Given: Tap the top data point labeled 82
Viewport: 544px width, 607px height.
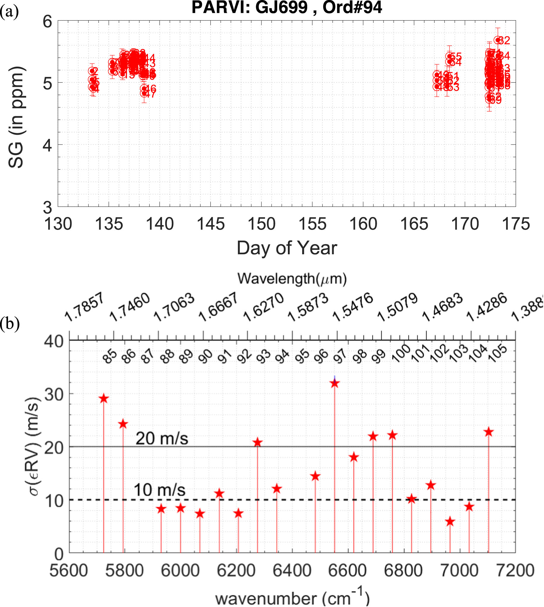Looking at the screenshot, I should pos(498,40).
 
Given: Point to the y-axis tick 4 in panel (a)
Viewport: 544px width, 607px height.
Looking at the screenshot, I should pos(47,145).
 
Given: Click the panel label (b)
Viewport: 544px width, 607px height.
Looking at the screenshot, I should pos(10,323).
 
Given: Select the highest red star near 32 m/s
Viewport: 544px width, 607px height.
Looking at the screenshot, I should pos(335,383).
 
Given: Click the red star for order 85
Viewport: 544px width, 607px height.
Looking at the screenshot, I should pos(104,399).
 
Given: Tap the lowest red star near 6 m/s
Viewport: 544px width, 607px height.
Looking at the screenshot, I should pos(450,522).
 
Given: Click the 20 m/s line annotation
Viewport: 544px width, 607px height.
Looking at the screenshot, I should pos(162,439).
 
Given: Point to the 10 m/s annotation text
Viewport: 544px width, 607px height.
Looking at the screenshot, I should pos(159,490).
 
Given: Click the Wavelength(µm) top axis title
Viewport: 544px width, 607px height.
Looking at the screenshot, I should pos(292,279).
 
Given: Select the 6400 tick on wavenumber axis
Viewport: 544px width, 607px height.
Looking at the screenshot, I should pos(292,570).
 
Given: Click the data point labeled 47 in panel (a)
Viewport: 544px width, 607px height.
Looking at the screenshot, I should pos(144,93).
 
